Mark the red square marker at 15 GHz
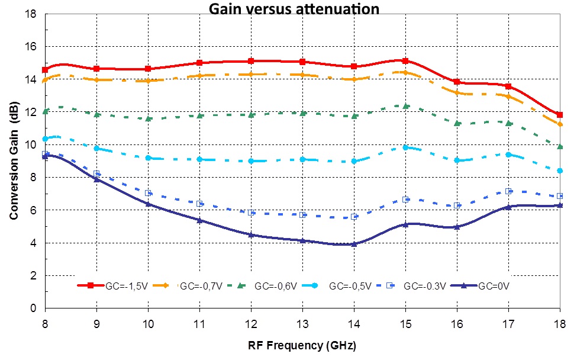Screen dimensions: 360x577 click(405, 61)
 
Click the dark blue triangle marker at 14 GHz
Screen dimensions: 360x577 click(354, 244)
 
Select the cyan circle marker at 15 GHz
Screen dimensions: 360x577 click(405, 147)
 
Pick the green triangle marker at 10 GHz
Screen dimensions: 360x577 click(148, 118)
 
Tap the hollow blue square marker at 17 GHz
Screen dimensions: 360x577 click(508, 191)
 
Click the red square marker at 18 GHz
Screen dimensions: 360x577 click(560, 115)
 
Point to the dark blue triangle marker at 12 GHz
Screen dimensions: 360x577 click(251, 234)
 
